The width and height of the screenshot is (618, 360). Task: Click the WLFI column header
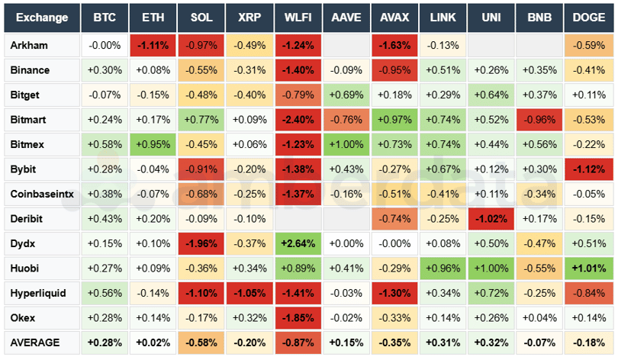point(297,17)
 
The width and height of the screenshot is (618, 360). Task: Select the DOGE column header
point(587,17)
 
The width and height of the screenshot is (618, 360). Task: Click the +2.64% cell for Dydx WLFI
point(297,243)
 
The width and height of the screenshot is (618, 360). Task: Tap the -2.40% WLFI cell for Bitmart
point(297,120)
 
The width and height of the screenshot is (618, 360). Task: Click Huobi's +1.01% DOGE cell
point(587,268)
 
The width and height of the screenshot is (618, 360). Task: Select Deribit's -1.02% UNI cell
point(491,219)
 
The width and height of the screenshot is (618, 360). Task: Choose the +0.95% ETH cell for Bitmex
point(153,144)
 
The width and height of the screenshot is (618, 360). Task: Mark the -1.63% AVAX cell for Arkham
point(394,45)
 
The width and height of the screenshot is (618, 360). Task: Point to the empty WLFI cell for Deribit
point(297,219)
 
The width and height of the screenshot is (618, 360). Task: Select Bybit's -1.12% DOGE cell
point(587,169)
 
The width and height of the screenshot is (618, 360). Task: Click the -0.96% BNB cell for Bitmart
point(539,120)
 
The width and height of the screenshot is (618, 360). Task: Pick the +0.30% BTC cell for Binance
point(104,70)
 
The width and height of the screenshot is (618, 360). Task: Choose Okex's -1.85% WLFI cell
point(297,318)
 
